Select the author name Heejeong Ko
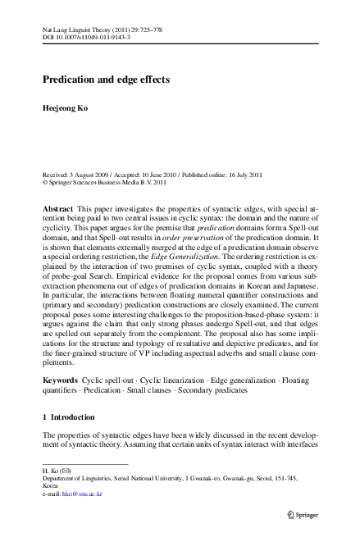(x=67, y=109)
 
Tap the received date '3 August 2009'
(x=93, y=175)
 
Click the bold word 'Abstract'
(x=57, y=210)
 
